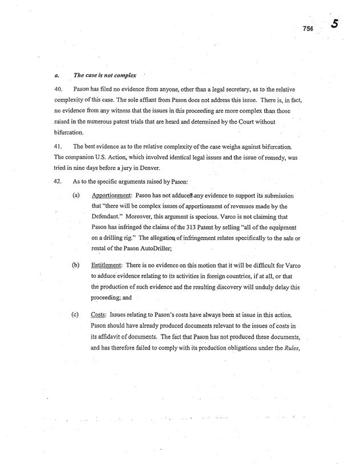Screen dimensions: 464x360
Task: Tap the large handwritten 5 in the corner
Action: pyautogui.click(x=335, y=24)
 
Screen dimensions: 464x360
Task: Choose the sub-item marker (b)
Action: pyautogui.click(x=75, y=265)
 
